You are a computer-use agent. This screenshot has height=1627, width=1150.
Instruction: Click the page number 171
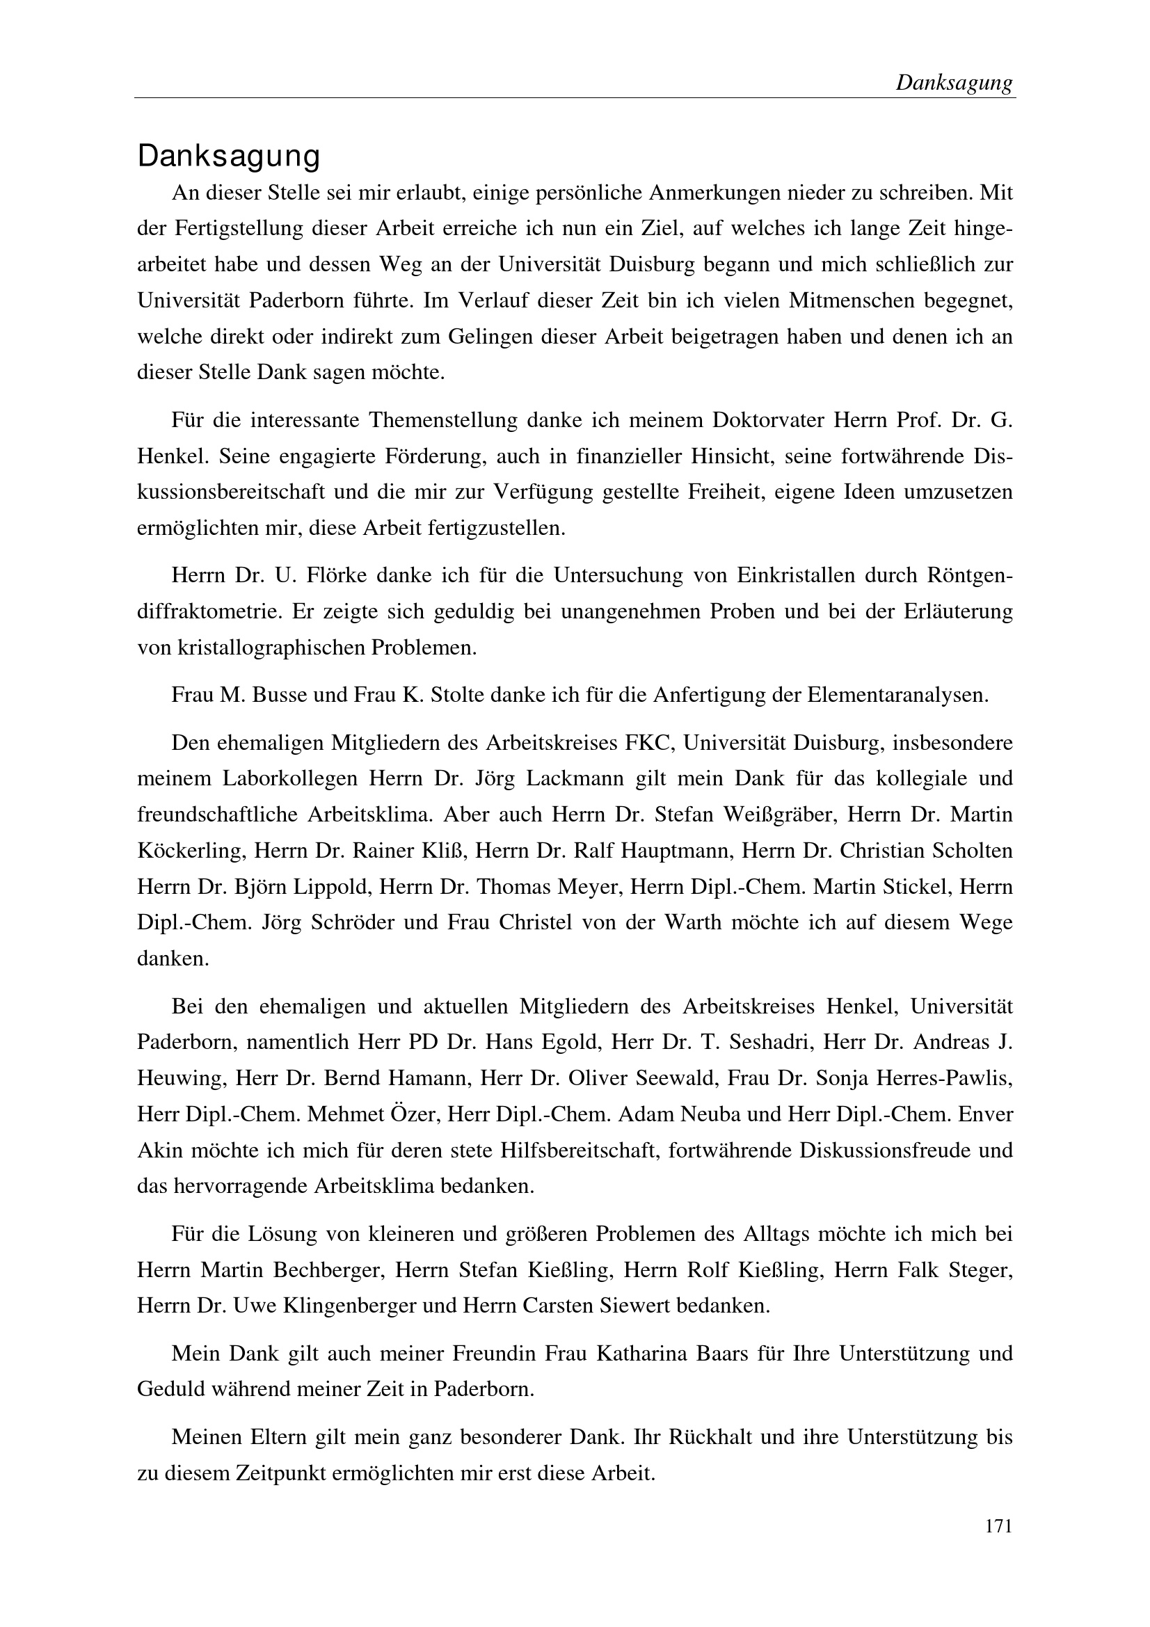pos(998,1525)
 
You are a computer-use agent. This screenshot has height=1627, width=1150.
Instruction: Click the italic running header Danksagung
pos(954,83)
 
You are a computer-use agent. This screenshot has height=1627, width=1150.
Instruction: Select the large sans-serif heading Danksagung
pos(229,157)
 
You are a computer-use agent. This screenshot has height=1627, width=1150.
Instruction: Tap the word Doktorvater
pos(767,420)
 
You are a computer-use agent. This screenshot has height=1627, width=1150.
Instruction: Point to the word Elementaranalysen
pos(897,694)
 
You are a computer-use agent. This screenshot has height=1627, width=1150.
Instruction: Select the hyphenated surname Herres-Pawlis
pos(944,1079)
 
